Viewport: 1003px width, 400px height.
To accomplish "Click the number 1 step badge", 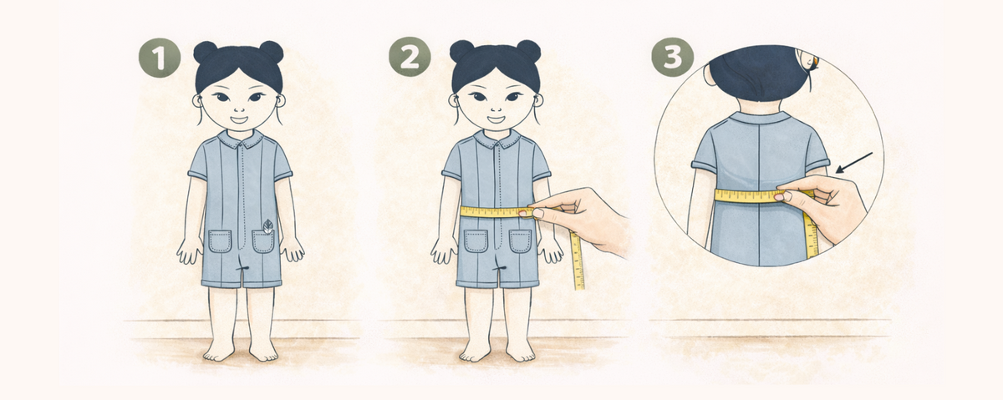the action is [160, 57].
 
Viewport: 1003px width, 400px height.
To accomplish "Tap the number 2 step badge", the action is [410, 57].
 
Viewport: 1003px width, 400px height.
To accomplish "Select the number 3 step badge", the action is [672, 57].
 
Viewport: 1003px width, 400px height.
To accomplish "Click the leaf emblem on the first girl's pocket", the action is [268, 226].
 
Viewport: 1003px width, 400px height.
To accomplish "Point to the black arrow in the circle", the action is [854, 163].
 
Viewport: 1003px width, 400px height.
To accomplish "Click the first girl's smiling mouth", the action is [239, 119].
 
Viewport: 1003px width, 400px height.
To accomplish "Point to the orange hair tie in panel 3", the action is [816, 59].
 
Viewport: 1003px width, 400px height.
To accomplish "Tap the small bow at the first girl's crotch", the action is [243, 268].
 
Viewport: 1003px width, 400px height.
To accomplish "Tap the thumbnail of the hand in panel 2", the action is [537, 214].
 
